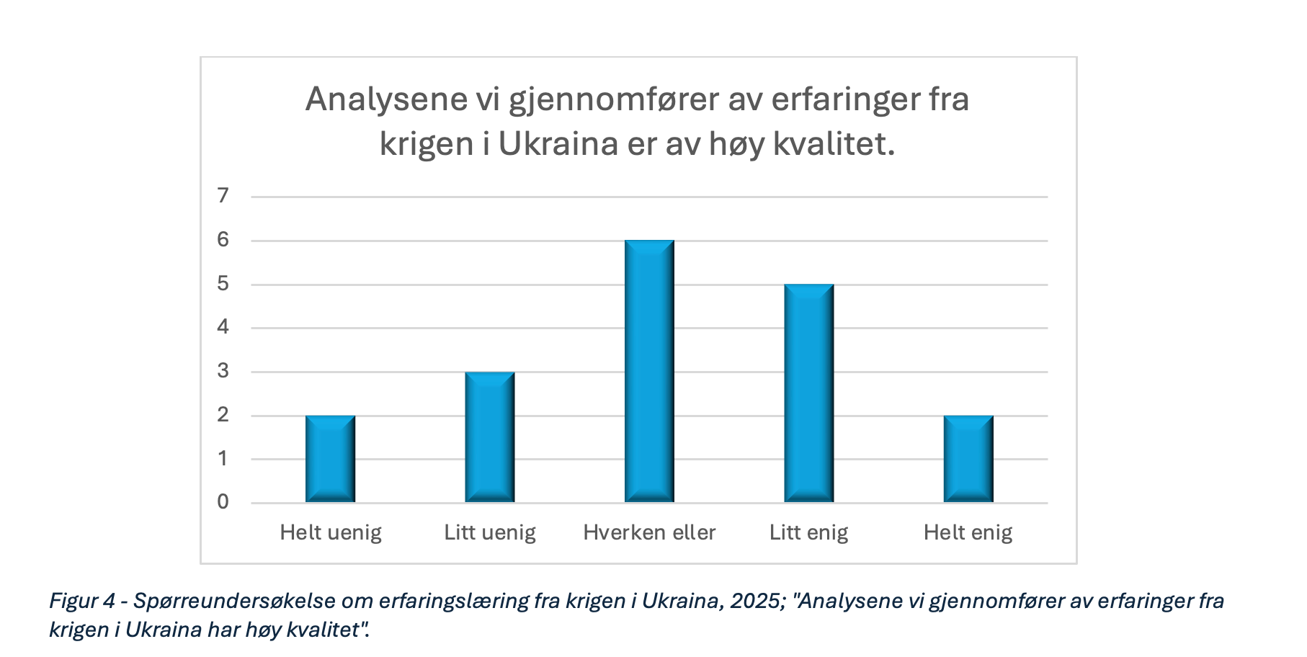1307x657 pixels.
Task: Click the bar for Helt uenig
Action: coord(330,459)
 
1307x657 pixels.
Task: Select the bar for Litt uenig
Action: coord(490,437)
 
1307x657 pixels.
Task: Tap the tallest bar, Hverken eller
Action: coord(649,371)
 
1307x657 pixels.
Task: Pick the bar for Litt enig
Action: coord(808,393)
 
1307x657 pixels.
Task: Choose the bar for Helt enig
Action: coord(968,459)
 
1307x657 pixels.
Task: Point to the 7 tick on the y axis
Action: coord(223,195)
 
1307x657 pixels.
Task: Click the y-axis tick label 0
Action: coord(223,502)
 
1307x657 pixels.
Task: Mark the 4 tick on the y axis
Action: coord(223,327)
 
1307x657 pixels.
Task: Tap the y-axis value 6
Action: coord(223,239)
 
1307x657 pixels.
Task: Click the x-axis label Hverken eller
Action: coord(649,533)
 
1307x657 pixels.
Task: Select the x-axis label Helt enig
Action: coord(968,533)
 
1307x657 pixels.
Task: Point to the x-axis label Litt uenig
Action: coord(490,533)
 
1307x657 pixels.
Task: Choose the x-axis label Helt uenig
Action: coord(331,533)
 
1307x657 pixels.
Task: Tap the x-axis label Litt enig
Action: coord(808,533)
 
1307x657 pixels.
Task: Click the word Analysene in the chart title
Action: coord(386,99)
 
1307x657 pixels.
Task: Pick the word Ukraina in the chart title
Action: coord(558,144)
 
